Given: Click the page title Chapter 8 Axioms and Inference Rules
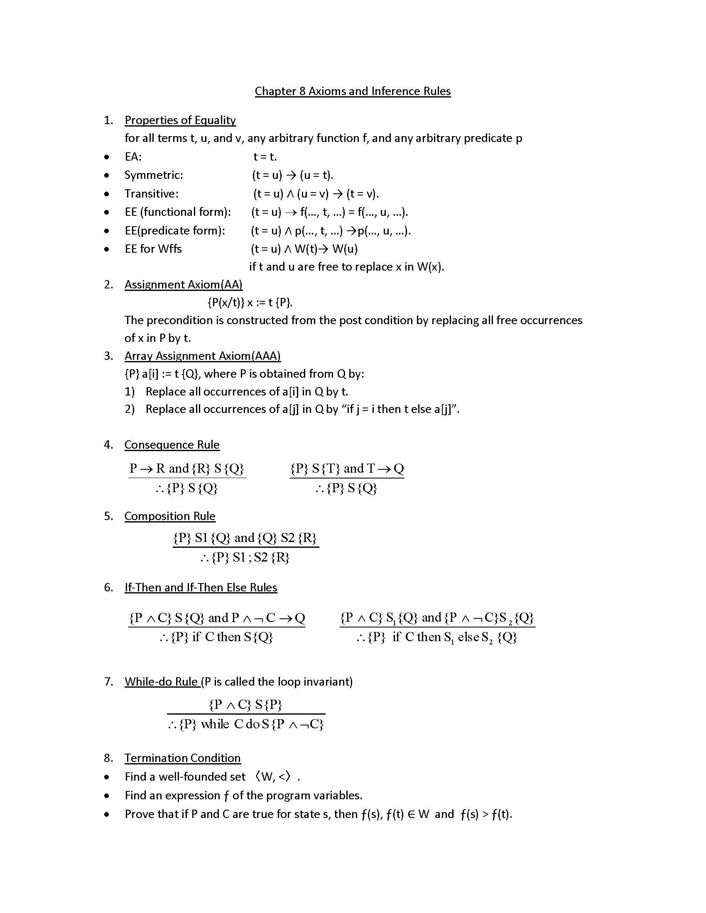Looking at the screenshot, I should point(353,91).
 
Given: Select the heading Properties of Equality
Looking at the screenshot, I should point(180,120).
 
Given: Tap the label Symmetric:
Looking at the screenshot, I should point(154,175).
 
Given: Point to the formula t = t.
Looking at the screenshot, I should point(265,157).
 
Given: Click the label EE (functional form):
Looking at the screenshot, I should point(177,212).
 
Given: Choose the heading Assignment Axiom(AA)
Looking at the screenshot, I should point(183,284).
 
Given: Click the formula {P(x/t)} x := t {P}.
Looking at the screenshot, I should point(250,302).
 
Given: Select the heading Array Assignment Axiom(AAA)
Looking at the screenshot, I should point(202,356).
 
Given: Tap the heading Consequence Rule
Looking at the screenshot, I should point(172,444).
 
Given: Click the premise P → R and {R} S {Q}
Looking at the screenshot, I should point(186,468).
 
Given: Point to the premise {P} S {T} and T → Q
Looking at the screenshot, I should point(347,468).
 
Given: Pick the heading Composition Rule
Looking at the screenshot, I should point(169,516).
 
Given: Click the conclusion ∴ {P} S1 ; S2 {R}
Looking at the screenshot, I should point(245,557).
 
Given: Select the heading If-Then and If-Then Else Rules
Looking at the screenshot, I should point(200,587).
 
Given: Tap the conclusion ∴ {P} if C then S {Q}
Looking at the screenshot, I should point(216,637).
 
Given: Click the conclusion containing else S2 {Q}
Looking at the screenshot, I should point(437,637).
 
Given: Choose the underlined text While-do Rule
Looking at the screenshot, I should point(162,681).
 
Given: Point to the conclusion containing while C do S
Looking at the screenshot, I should point(245,724).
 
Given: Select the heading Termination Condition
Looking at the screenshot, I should point(182,758).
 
